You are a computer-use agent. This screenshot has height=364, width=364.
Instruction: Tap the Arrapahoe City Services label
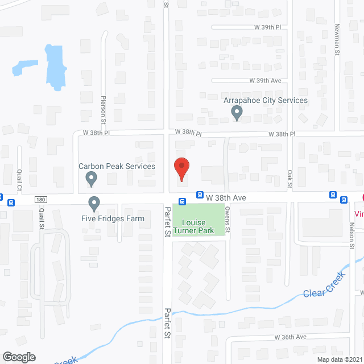266,101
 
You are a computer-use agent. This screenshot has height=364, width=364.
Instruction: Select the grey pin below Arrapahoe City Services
237,114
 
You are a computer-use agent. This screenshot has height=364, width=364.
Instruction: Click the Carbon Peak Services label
117,166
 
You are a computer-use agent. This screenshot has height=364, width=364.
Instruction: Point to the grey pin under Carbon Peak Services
90,180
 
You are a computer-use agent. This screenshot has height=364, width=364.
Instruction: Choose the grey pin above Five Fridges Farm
94,203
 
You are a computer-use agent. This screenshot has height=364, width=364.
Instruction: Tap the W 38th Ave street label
226,197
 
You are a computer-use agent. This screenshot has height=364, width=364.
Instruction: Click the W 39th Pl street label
268,27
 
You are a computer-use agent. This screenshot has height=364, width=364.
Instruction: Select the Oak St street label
289,178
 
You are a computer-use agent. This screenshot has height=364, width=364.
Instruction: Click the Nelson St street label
353,232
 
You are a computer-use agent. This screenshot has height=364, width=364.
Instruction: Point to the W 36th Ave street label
290,337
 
